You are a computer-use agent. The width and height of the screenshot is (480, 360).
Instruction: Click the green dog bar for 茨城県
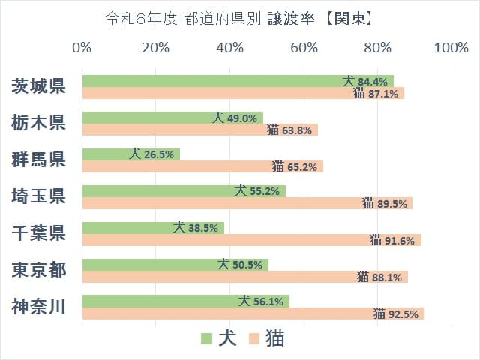210,81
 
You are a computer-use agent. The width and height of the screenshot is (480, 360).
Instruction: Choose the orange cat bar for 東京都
217,277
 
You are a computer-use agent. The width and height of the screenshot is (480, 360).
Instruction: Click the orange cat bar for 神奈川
225,313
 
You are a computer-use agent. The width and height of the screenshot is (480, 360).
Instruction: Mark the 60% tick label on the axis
304,48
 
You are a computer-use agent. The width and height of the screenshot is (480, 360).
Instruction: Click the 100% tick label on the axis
451,48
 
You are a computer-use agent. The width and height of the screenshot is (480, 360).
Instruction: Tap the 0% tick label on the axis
82,48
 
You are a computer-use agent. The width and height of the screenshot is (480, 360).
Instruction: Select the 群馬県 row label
38,160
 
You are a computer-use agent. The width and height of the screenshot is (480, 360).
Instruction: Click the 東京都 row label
38,269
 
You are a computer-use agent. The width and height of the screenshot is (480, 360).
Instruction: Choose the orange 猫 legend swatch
255,339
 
